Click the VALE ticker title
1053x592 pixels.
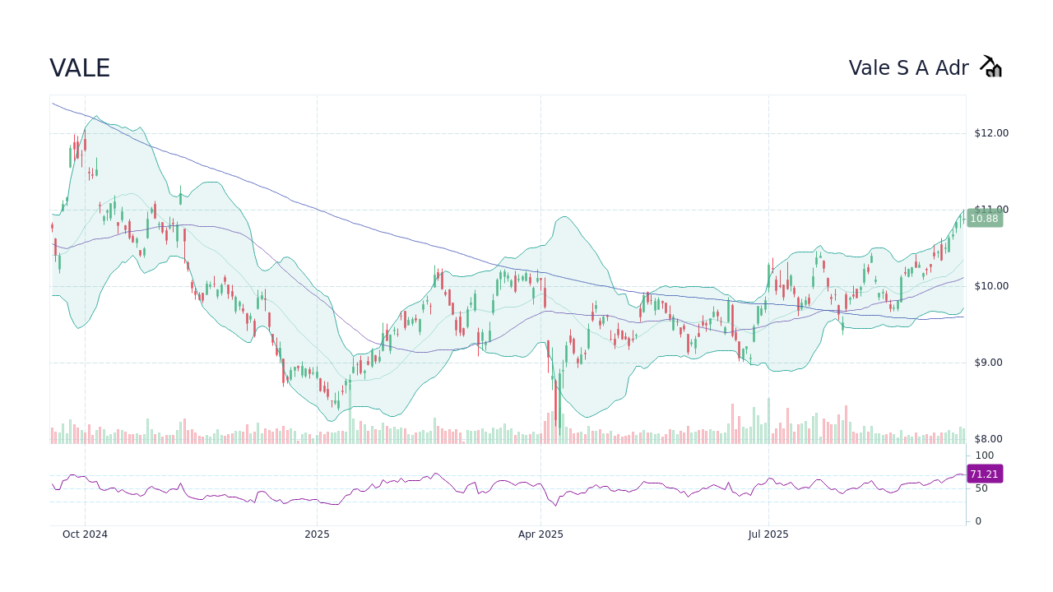click(80, 68)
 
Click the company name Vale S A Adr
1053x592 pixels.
click(908, 68)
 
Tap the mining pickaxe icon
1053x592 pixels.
click(990, 67)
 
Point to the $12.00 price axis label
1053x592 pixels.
click(990, 133)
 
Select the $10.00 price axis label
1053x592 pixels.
click(990, 286)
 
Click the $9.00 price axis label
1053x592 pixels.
click(990, 363)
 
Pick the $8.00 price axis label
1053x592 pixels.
click(990, 439)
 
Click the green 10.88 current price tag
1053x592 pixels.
click(984, 219)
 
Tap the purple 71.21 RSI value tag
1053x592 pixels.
click(984, 474)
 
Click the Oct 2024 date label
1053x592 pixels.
click(85, 534)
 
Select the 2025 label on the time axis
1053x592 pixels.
click(317, 534)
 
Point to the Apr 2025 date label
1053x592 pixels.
click(540, 534)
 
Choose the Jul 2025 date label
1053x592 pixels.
click(768, 534)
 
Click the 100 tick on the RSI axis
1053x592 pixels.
click(985, 456)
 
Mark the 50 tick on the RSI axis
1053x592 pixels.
click(981, 488)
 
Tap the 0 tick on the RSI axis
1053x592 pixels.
click(978, 521)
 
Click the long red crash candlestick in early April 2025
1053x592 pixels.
click(556, 403)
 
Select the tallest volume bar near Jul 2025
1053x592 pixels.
click(769, 421)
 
